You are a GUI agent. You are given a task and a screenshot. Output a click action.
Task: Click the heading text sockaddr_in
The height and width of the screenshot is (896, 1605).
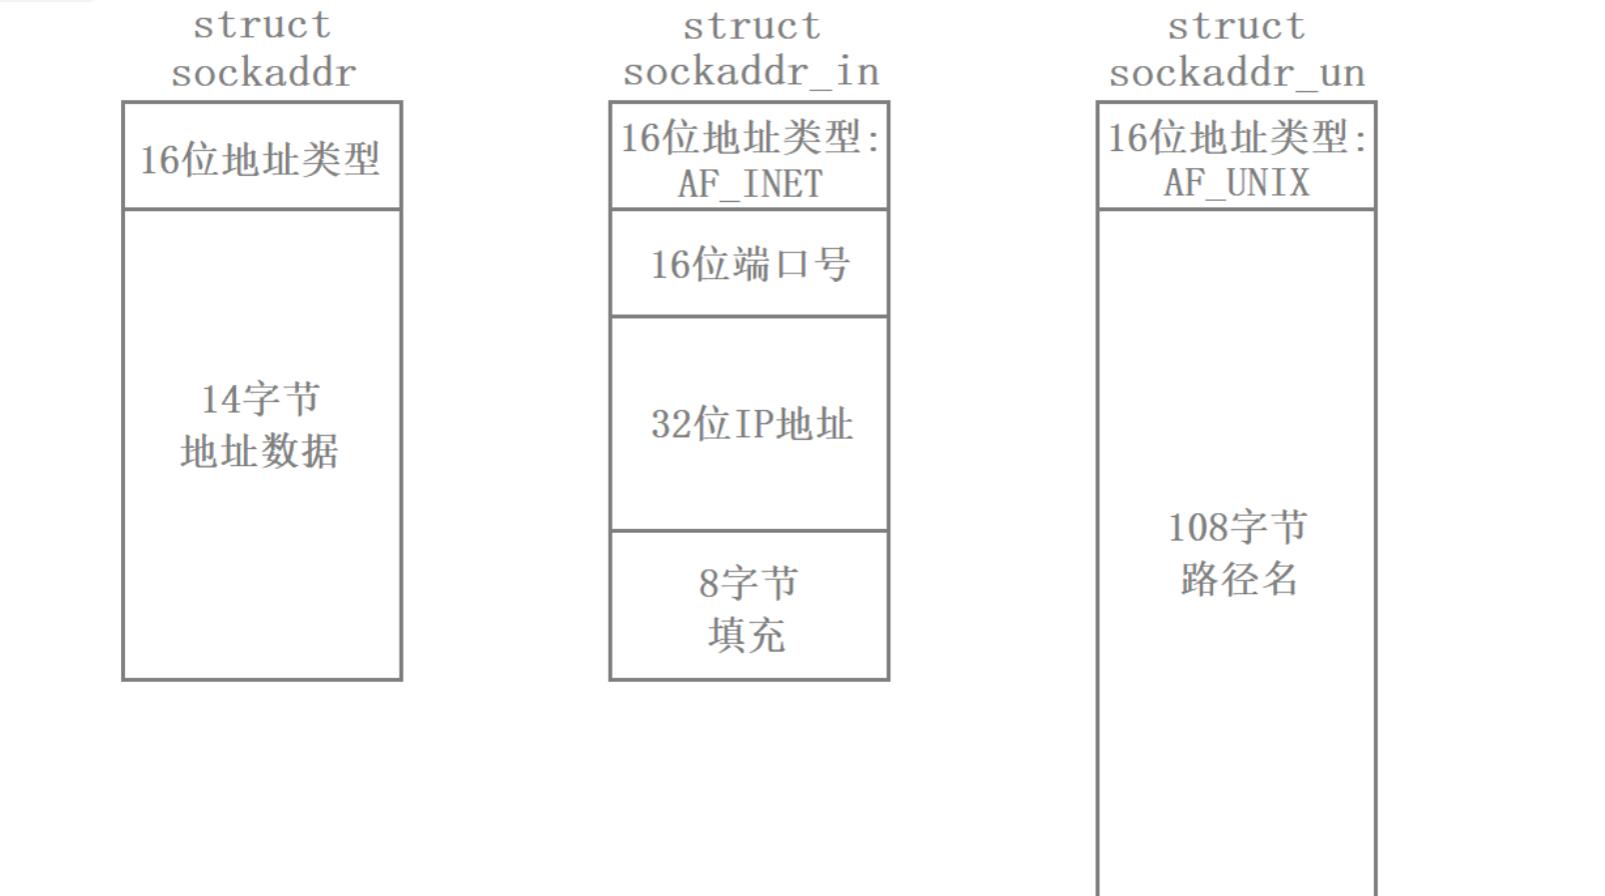751,72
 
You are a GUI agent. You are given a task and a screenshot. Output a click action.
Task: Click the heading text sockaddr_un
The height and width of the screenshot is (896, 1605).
1236,72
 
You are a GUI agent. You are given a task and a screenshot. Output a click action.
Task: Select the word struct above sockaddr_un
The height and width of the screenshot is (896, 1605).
1236,26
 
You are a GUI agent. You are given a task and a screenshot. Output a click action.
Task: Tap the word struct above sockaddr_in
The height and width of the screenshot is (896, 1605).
752,26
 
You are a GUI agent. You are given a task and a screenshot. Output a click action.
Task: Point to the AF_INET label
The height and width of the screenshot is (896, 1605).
750,184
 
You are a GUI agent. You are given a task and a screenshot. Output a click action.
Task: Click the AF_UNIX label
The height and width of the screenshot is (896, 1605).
1236,183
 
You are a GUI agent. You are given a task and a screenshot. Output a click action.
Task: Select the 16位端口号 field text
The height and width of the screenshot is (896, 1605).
750,265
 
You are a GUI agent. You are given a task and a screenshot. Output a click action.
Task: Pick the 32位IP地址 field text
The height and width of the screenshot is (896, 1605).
752,424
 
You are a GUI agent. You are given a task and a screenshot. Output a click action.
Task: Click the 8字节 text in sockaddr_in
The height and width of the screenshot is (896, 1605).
749,583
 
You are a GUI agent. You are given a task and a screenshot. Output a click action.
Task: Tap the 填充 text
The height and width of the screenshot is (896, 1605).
747,635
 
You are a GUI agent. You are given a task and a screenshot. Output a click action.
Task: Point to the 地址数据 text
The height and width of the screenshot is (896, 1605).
260,451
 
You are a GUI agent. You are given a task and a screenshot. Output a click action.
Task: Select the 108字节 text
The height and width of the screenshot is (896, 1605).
1237,527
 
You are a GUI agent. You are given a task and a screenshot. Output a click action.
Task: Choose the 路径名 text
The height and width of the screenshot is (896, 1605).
1238,579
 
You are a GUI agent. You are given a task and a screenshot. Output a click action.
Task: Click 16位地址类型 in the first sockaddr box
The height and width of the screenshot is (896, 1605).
260,159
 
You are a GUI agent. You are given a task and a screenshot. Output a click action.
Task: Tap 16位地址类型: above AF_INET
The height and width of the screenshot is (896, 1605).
750,138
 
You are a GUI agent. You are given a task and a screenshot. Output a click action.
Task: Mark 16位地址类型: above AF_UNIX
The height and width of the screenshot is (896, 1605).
1236,138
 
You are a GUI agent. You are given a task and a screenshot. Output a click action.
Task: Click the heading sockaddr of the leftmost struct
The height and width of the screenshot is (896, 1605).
263,72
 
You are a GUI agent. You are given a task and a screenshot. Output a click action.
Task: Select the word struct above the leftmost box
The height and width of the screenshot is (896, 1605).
262,26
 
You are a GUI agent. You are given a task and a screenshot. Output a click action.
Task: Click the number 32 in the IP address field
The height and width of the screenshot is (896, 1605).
671,424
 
